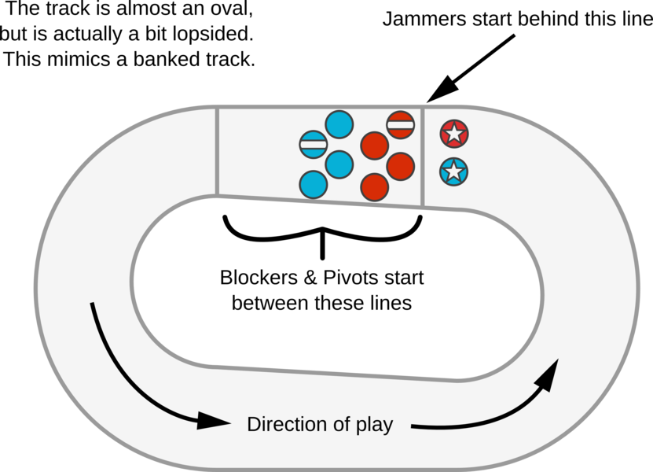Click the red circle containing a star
pos(453,133)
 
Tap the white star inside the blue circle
pos(453,171)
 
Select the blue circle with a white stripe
pos(314,145)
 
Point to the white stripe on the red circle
pos(400,124)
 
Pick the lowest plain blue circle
pos(314,184)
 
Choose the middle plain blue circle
pos(339,165)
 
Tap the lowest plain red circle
pos(374,186)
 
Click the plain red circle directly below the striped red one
pos(400,165)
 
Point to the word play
pos(372,426)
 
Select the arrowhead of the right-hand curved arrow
pos(549,371)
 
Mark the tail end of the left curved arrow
pos(93,304)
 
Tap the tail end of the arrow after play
pos(413,427)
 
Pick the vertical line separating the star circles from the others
pos(424,157)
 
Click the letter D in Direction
pos(254,425)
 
